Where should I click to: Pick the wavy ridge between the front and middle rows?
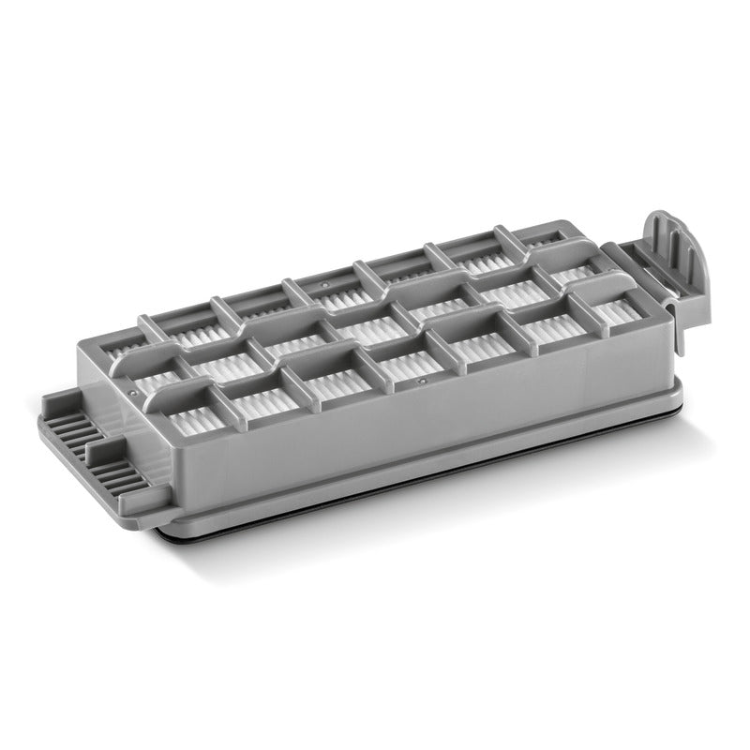[375, 347]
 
